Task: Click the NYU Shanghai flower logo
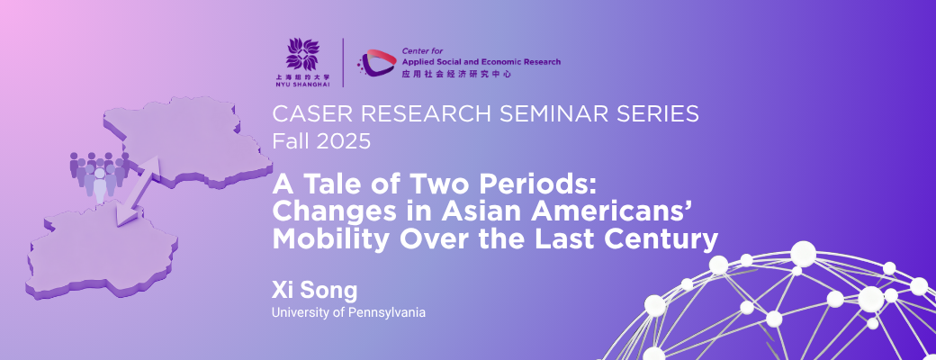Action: [x=302, y=54]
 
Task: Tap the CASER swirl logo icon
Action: [x=376, y=63]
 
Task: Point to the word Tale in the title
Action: [x=322, y=185]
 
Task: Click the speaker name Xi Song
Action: [x=315, y=291]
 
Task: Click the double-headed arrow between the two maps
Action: [x=138, y=191]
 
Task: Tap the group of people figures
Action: [x=98, y=175]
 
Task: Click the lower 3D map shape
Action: [x=102, y=252]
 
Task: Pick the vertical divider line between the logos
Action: [x=343, y=63]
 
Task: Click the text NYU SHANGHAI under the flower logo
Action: [x=302, y=85]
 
